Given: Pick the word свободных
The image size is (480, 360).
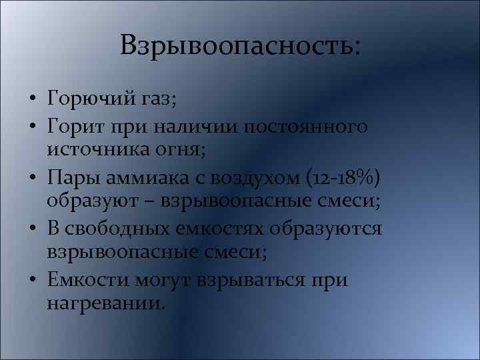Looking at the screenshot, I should (126, 229).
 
